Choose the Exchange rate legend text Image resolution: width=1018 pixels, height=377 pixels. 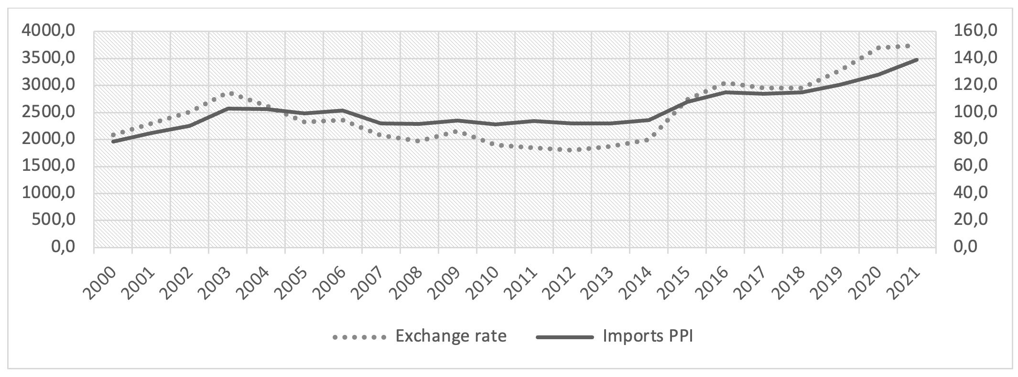451,336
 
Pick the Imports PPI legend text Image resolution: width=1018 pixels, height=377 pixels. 648,336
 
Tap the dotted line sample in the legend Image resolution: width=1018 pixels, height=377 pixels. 359,337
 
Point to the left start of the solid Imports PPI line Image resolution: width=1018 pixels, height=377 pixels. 113,142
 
